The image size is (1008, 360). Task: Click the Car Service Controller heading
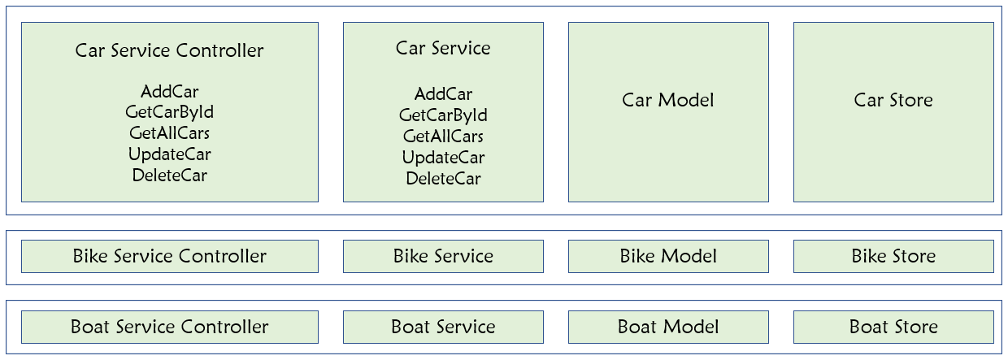click(x=169, y=50)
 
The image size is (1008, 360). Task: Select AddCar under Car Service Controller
click(x=169, y=91)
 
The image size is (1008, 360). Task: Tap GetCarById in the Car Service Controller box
click(x=169, y=112)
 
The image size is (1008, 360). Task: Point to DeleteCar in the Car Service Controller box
click(x=169, y=175)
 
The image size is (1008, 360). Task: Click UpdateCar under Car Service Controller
click(x=169, y=154)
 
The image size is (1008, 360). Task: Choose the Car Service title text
click(x=443, y=48)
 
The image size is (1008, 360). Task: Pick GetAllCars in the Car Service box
click(x=443, y=136)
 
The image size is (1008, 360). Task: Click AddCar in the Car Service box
click(x=443, y=93)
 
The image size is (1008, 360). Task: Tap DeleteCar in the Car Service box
click(x=443, y=178)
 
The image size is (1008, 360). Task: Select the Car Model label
click(x=668, y=100)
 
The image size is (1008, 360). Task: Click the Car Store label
click(x=893, y=100)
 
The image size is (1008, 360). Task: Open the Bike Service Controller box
click(x=169, y=256)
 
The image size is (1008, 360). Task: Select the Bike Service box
click(x=443, y=256)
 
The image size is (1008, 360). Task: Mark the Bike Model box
click(x=668, y=256)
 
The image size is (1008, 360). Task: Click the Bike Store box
click(x=893, y=256)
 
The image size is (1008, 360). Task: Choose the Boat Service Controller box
click(x=169, y=327)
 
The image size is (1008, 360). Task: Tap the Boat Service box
click(x=443, y=327)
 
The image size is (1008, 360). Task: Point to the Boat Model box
click(x=668, y=327)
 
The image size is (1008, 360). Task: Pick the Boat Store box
click(x=893, y=327)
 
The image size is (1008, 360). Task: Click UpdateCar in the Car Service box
click(x=443, y=157)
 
